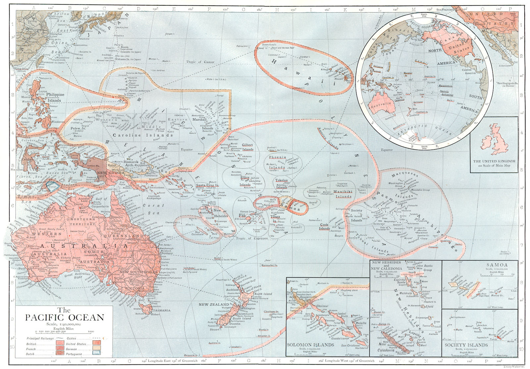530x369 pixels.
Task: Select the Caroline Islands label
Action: click(x=143, y=135)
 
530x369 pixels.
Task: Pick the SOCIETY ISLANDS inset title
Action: click(x=466, y=345)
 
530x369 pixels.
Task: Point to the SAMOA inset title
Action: click(x=497, y=265)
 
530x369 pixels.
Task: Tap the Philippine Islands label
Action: click(x=55, y=97)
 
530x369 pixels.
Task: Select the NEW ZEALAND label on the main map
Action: click(x=214, y=304)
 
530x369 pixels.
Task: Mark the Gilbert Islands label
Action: click(x=247, y=147)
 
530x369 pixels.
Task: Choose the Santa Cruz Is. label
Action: click(x=207, y=185)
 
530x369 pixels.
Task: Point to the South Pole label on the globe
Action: click(x=424, y=147)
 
